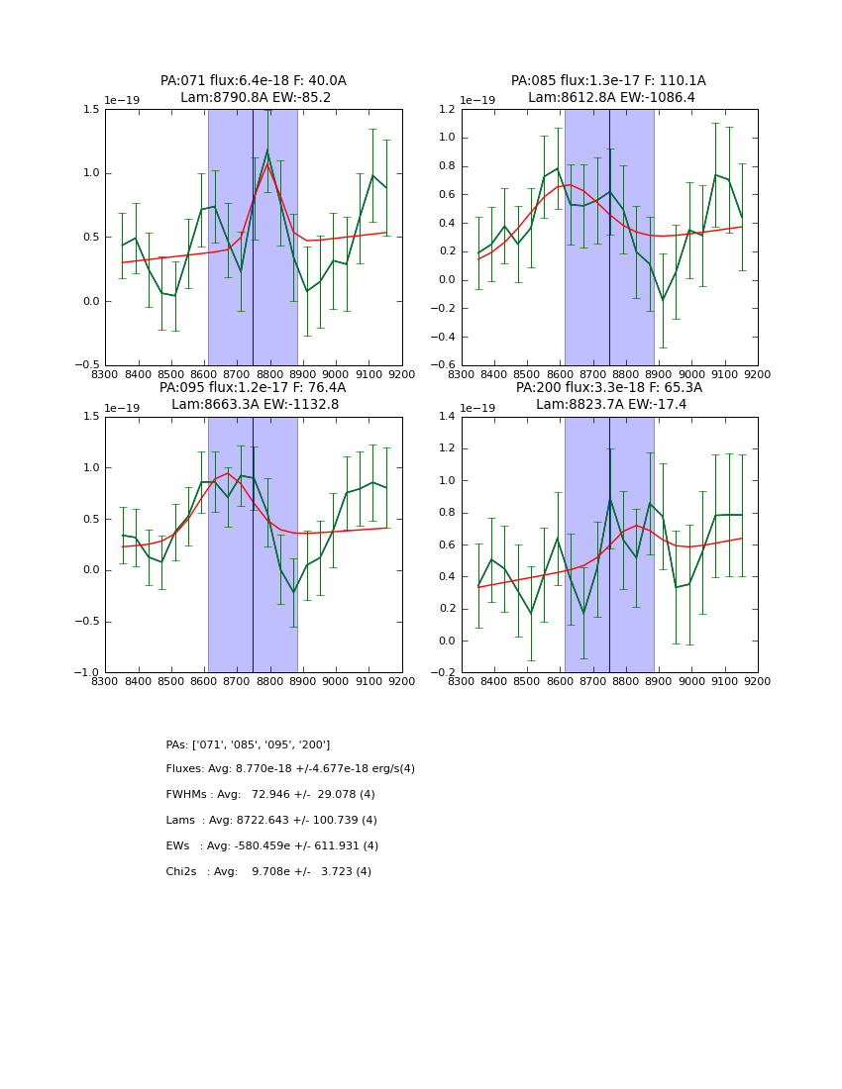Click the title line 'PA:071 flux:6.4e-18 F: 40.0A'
click(254, 81)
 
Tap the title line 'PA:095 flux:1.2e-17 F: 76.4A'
click(253, 388)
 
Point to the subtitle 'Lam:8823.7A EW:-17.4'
click(609, 405)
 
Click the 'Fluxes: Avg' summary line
click(290, 769)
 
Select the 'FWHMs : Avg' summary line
click(270, 795)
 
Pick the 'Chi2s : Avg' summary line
click(268, 872)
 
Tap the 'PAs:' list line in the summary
click(248, 744)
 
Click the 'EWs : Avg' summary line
click(271, 846)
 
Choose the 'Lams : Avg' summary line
click(271, 821)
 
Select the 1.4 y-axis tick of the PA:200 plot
click(446, 417)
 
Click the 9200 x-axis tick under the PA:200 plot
click(758, 681)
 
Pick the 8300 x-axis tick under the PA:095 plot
click(105, 681)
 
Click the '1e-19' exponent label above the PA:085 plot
click(477, 100)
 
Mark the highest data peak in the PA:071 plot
click(267, 150)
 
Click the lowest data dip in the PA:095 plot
click(293, 593)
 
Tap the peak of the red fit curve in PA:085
click(570, 184)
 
